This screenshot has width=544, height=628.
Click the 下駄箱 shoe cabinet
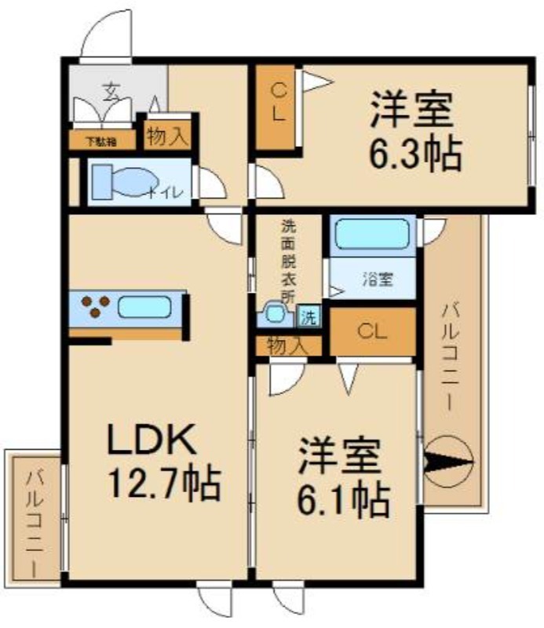[100, 141]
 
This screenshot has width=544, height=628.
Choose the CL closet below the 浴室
[372, 330]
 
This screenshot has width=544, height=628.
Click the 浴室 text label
[378, 278]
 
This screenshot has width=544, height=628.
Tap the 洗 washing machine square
[309, 317]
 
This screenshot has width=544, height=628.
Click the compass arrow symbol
[448, 462]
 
